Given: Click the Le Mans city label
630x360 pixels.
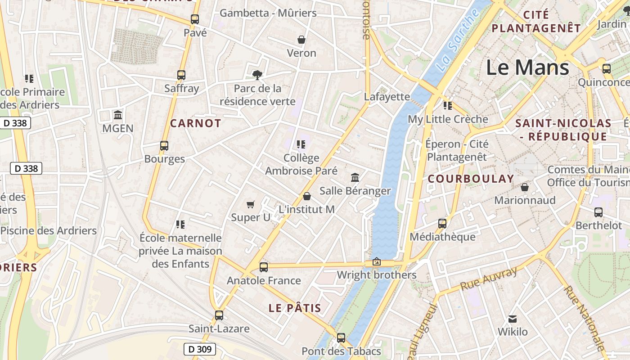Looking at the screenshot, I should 527,67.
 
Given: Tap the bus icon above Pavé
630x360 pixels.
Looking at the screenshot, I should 195,19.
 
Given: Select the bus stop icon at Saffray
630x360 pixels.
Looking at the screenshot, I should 181,75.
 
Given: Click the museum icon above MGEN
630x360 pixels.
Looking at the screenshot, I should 118,115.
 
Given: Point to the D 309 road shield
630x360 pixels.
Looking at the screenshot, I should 200,349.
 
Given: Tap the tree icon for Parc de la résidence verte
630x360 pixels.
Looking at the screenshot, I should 257,75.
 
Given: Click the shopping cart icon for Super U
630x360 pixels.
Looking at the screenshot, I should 251,205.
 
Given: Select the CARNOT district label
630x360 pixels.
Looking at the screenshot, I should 196,123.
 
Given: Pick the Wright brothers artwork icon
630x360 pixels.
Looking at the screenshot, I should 376,262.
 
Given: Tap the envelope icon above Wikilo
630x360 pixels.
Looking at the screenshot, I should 513,319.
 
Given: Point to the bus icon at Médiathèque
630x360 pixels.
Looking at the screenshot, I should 442,223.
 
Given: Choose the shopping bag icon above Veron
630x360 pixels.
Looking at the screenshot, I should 301,40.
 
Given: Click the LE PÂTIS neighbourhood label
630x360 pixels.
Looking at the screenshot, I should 295,308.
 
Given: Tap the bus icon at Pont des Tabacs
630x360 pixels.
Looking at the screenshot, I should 341,337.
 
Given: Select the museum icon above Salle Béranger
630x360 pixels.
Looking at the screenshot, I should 355,177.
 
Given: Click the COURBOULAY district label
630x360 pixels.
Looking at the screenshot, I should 471,179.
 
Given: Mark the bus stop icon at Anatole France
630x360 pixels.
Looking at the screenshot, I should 264,267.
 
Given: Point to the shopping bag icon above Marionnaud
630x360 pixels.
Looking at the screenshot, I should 525,187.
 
